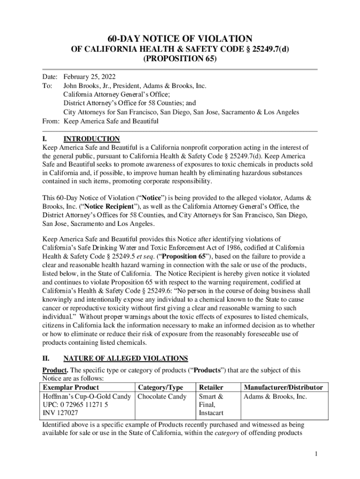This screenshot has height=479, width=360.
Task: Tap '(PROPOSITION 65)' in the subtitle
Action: coord(180,59)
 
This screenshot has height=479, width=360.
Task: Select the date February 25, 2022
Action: coord(89,77)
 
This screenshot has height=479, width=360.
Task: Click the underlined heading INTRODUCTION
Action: coord(92,139)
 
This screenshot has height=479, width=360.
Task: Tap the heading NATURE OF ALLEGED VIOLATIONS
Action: coord(126,358)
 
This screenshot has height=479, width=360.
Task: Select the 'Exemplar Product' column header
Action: coord(71,387)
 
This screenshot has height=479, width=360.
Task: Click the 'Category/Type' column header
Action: coord(160,387)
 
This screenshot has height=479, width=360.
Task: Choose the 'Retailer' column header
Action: coord(211,387)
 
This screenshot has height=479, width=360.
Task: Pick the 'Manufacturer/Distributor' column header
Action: coord(283,387)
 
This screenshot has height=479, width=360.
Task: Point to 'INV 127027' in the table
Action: coord(60,413)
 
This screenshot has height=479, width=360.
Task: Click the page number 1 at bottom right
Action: coord(317,453)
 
